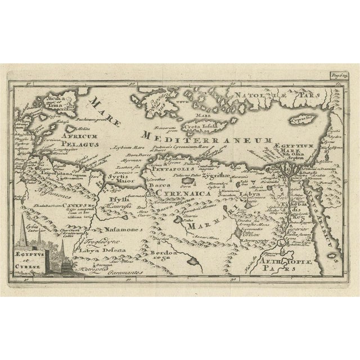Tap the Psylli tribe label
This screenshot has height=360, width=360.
click(x=120, y=200)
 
